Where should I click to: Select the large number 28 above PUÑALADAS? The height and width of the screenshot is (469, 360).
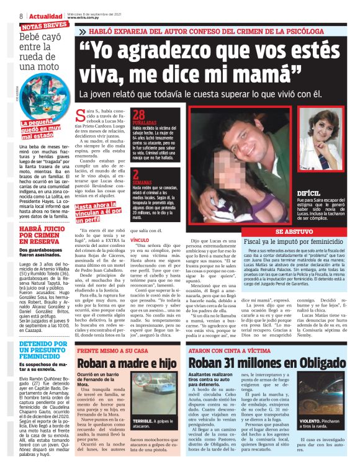point(140,114)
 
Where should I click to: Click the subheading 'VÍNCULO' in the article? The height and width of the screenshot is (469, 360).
point(141,238)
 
